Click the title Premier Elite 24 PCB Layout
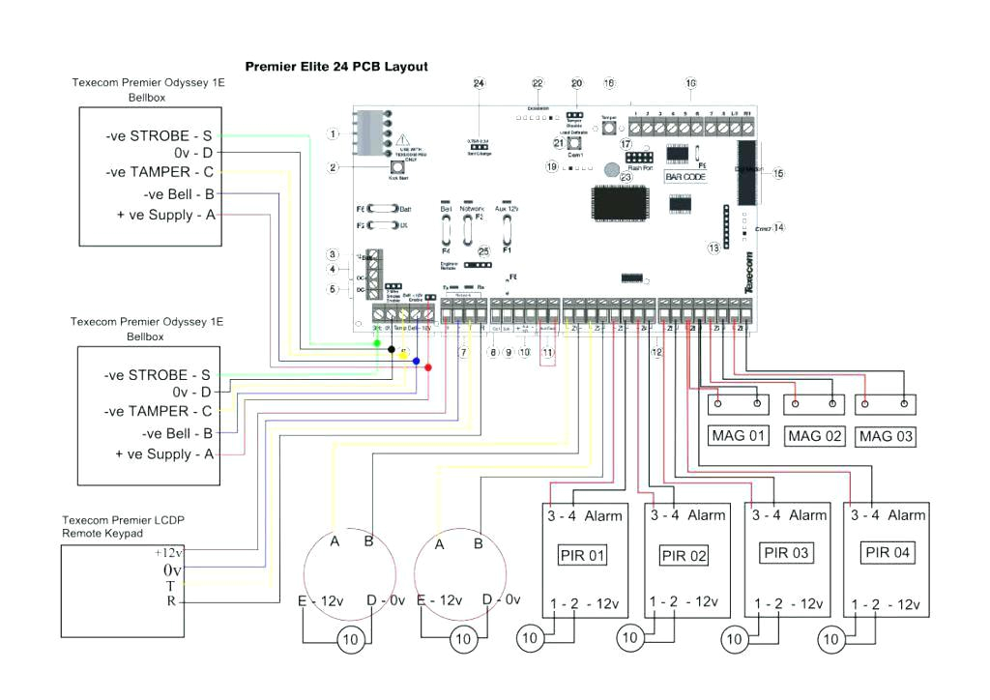336,67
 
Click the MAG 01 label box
739,436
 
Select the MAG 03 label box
885,436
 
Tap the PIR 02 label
684,556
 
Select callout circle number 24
478,84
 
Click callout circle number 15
778,173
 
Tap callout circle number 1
333,133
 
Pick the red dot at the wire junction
428,367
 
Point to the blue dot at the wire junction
416,361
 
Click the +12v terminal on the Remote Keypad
169,553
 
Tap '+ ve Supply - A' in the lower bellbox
163,454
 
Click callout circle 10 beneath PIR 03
736,638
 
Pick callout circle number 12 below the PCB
656,353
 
